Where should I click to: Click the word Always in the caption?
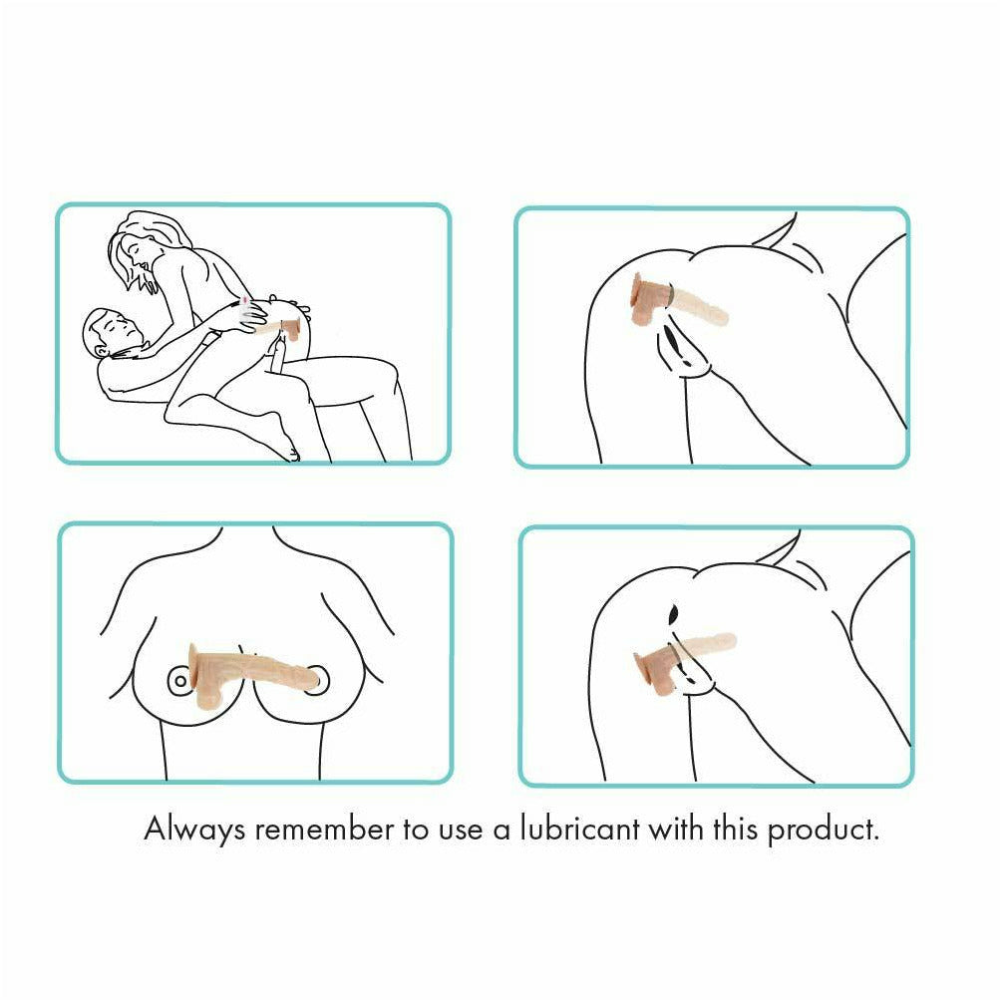tap(194, 831)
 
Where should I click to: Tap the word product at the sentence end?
tap(824, 831)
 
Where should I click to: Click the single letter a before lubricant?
tap(501, 833)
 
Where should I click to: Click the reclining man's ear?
tap(102, 350)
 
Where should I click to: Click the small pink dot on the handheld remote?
tap(244, 300)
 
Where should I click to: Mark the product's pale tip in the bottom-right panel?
tap(726, 640)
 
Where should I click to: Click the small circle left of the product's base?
tap(179, 681)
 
